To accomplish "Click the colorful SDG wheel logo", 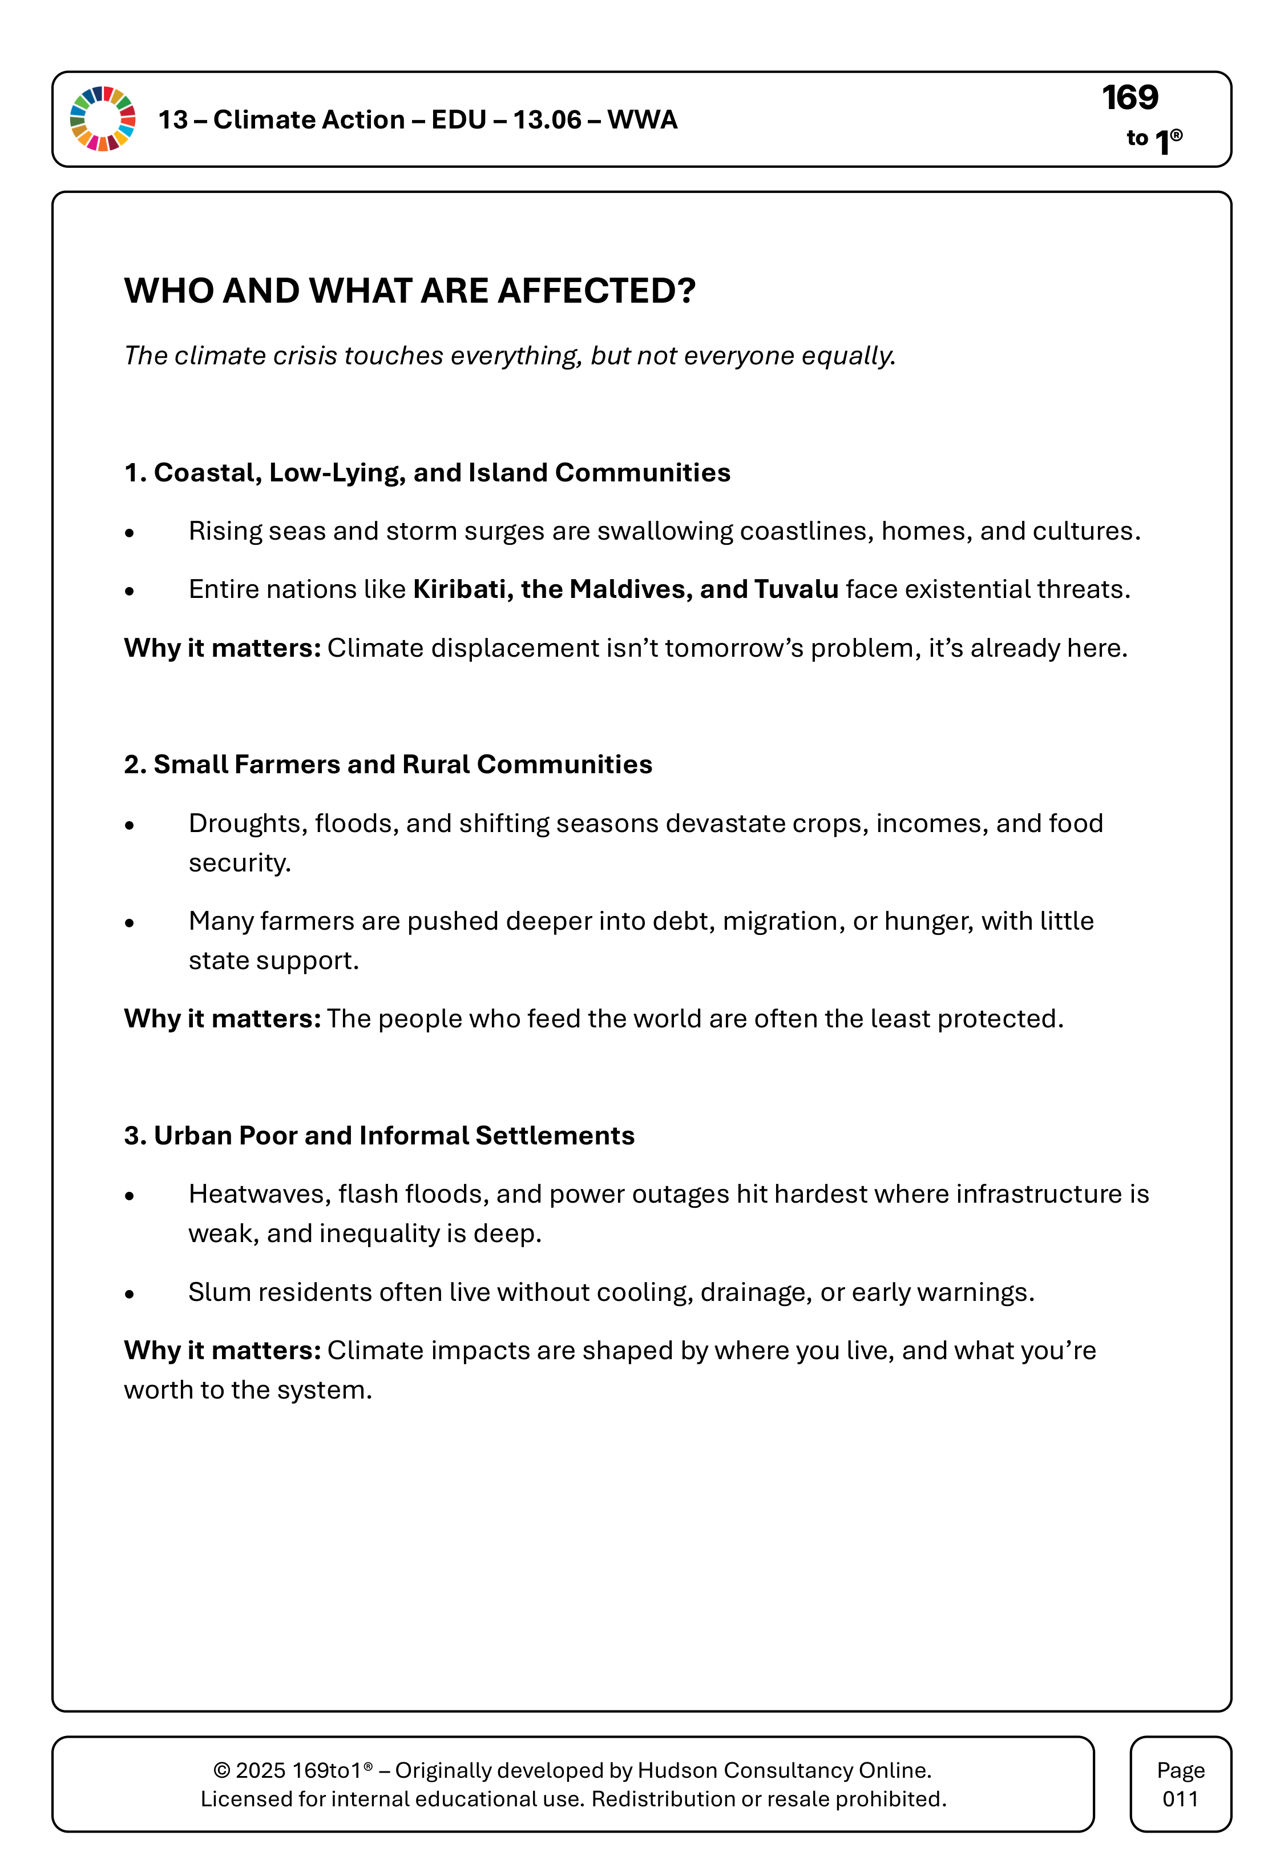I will [103, 119].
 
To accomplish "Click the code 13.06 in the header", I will [547, 120].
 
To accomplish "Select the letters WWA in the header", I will [642, 120].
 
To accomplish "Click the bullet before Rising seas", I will [130, 533].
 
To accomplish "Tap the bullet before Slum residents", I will [130, 1294].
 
